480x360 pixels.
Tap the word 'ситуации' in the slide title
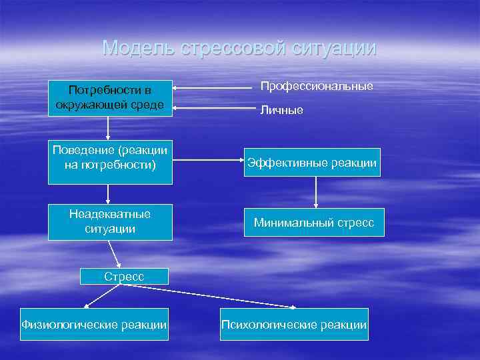(337, 48)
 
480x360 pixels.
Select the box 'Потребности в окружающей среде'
(110, 98)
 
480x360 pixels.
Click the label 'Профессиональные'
(316, 87)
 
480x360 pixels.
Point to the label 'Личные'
(281, 110)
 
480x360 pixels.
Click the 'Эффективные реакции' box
(312, 163)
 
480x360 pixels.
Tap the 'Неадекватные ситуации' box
(110, 221)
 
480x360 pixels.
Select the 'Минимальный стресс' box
(313, 223)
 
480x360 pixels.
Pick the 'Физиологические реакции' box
(93, 325)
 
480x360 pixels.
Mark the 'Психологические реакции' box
(294, 325)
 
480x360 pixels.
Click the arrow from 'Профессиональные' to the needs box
(213, 87)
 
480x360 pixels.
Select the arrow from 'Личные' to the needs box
(213, 107)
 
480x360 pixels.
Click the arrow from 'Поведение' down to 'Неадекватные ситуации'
(109, 193)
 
